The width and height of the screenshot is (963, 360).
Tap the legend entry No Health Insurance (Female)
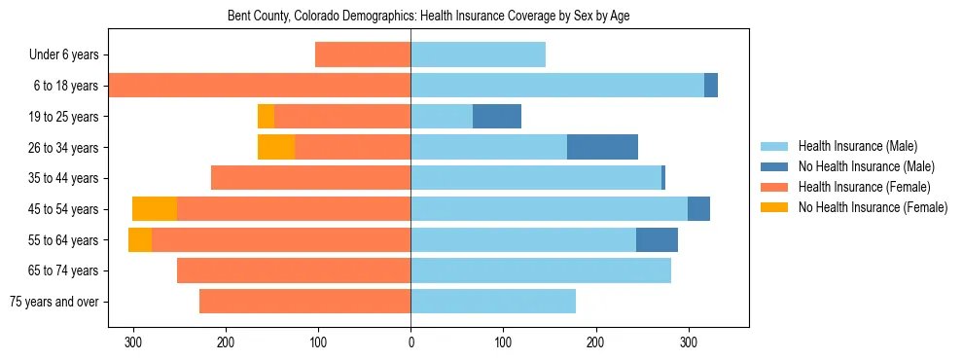[873, 207]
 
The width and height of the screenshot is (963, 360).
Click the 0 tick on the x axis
[410, 342]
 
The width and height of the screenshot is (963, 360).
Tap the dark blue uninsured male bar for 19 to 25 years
[497, 117]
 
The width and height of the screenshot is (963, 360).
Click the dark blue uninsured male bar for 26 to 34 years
[602, 147]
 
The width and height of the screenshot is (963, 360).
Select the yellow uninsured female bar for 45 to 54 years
[155, 209]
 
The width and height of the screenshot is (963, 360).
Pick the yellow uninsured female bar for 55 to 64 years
[140, 239]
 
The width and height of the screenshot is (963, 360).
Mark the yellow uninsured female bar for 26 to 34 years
[276, 147]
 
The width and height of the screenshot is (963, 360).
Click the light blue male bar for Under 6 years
[478, 54]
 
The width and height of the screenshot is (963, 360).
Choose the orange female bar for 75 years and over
[304, 302]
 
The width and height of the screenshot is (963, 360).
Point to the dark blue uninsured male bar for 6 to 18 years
[711, 86]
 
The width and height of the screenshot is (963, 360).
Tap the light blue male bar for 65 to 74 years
[541, 270]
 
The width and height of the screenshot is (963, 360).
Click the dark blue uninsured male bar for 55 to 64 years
[657, 239]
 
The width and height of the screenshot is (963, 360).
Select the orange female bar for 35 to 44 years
[310, 178]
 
